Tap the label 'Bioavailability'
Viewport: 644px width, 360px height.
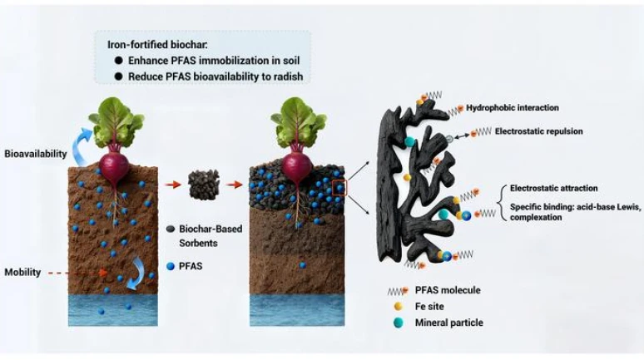[36, 155]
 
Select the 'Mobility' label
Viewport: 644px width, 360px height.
[23, 272]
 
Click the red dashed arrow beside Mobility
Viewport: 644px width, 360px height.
[74, 272]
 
